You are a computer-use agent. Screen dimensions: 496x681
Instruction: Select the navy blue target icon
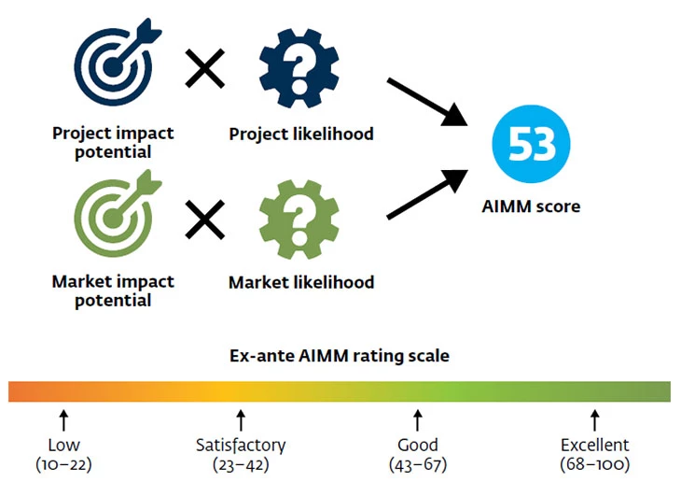pyautogui.click(x=112, y=64)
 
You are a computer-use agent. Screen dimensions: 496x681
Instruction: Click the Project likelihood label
pyautogui.click(x=301, y=134)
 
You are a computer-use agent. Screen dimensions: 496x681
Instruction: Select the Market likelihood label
pyautogui.click(x=301, y=282)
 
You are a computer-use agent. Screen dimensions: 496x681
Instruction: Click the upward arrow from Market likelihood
pyautogui.click(x=427, y=193)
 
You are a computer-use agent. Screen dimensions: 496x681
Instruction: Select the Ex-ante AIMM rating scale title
pyautogui.click(x=340, y=356)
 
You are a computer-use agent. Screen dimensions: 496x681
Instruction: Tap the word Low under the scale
pyautogui.click(x=63, y=445)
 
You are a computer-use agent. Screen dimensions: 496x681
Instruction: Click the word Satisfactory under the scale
pyautogui.click(x=241, y=445)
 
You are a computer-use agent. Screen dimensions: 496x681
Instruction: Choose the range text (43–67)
pyautogui.click(x=417, y=463)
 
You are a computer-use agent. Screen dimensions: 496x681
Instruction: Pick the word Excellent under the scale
pyautogui.click(x=594, y=445)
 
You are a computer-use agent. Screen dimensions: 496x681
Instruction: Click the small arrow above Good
pyautogui.click(x=418, y=418)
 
